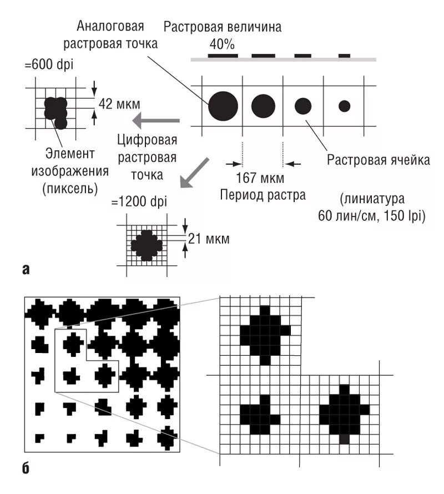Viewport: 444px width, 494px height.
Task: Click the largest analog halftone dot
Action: click(x=223, y=105)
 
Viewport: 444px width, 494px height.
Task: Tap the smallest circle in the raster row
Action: click(x=344, y=105)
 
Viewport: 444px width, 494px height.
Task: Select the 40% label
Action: click(x=222, y=43)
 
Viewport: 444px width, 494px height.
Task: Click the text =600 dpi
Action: click(x=49, y=65)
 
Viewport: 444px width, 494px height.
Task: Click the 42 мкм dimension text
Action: click(x=119, y=103)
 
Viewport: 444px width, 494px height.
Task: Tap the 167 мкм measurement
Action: click(x=259, y=179)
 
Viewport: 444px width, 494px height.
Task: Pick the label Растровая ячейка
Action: click(x=379, y=161)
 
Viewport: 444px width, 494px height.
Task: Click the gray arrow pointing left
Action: click(x=160, y=119)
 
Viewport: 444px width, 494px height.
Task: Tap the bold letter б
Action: click(x=26, y=470)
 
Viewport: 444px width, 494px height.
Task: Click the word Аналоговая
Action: click(x=110, y=26)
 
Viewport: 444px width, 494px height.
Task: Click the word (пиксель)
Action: click(x=70, y=189)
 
